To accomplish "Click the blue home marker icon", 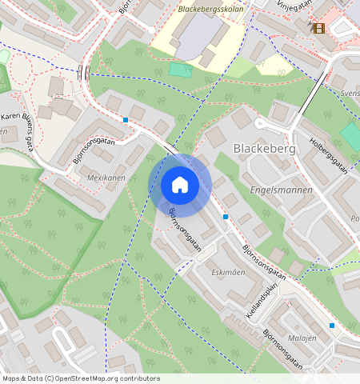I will pos(180,186).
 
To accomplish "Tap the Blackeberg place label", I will pos(264,149).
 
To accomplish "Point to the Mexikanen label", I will pos(106,178).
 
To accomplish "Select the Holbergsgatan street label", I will pos(330,155).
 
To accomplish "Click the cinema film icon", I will pos(319,28).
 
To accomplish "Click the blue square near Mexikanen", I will pos(126,120).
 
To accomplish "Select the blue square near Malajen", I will pos(332,326).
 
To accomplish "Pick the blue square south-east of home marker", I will pos(226,217).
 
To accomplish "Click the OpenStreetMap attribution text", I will pos(81,378).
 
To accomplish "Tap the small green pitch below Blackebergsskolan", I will pos(181,70).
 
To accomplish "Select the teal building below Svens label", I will pos(350,136).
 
